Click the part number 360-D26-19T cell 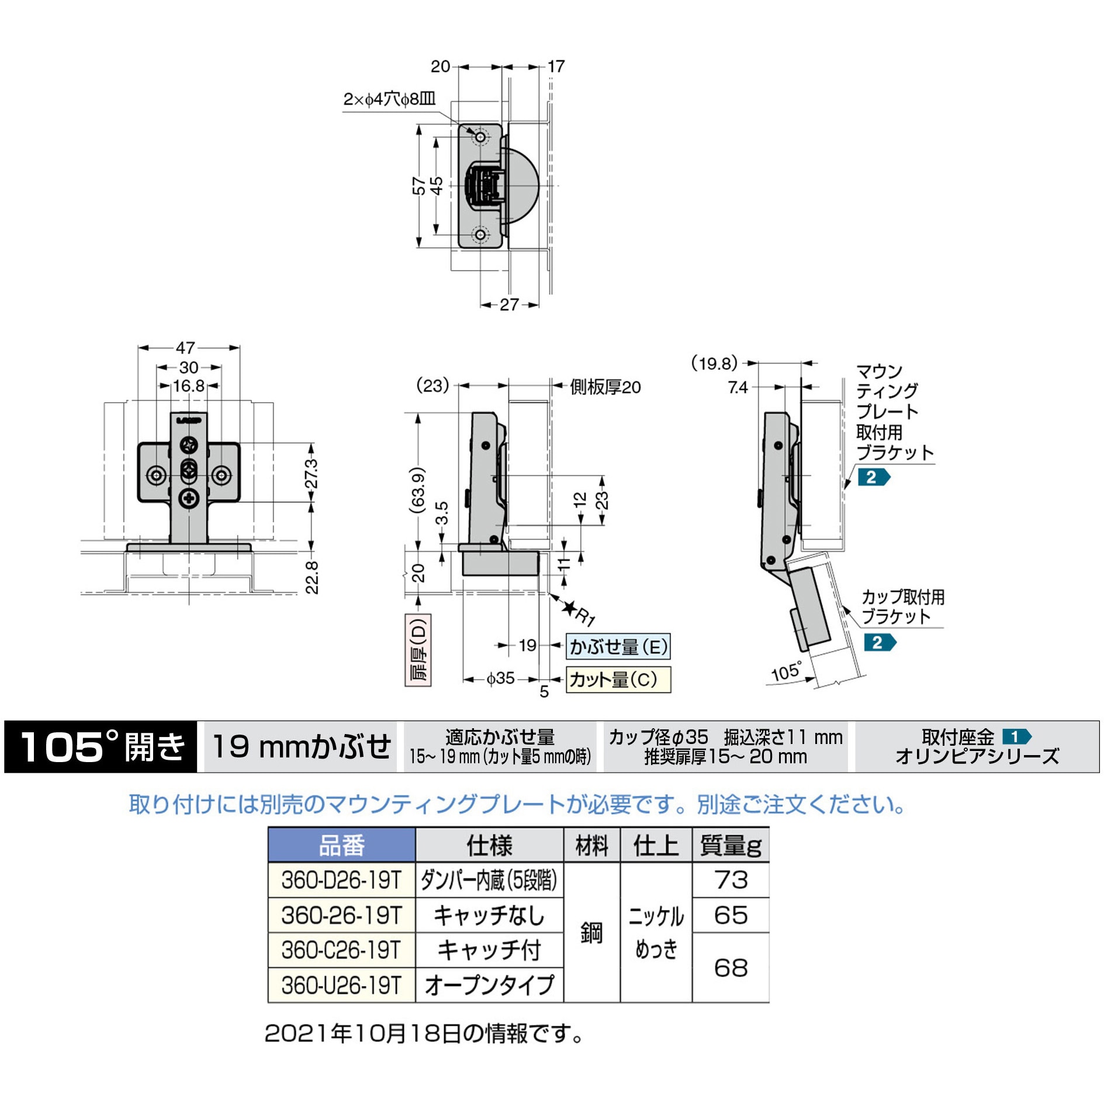coord(341,880)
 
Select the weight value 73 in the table coord(731,880)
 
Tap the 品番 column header coord(342,845)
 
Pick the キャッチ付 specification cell coord(489,950)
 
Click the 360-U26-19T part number coord(341,985)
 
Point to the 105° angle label coord(786,672)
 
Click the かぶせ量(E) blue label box coord(618,647)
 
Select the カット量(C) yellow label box coord(618,680)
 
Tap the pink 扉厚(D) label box coord(418,650)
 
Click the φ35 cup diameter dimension coord(501,679)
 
